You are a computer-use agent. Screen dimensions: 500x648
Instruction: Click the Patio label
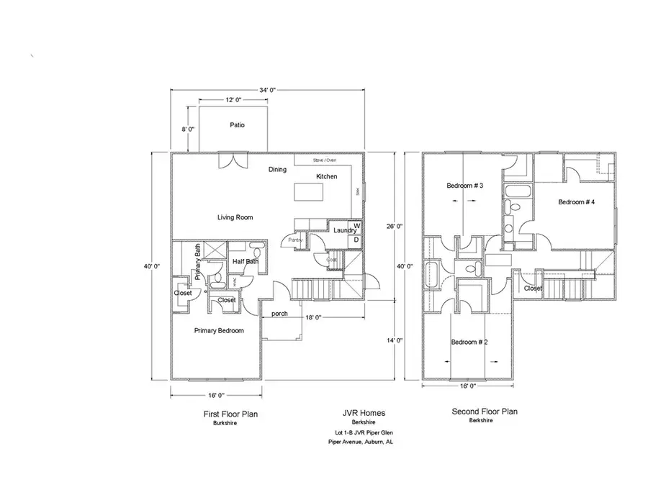(237, 124)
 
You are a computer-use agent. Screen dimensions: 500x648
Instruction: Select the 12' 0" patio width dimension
(233, 100)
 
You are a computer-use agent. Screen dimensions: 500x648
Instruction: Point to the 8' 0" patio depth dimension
(188, 129)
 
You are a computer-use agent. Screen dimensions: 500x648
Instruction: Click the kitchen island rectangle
(307, 191)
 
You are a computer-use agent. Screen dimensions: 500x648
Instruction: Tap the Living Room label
(236, 217)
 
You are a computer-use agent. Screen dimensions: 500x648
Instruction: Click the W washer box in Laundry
(356, 226)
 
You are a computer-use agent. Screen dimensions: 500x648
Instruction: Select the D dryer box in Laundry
(356, 240)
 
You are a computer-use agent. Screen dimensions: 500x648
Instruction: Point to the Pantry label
(294, 240)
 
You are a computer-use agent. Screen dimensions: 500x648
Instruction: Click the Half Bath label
(246, 261)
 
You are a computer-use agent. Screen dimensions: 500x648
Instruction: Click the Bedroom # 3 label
(464, 186)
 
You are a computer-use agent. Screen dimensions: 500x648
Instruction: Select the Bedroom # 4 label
(576, 202)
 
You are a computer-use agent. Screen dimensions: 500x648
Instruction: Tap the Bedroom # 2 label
(469, 342)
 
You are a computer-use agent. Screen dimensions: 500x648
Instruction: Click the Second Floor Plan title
(484, 412)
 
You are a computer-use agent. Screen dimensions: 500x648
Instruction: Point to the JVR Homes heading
(364, 413)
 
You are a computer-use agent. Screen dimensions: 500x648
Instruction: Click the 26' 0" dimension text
(394, 226)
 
